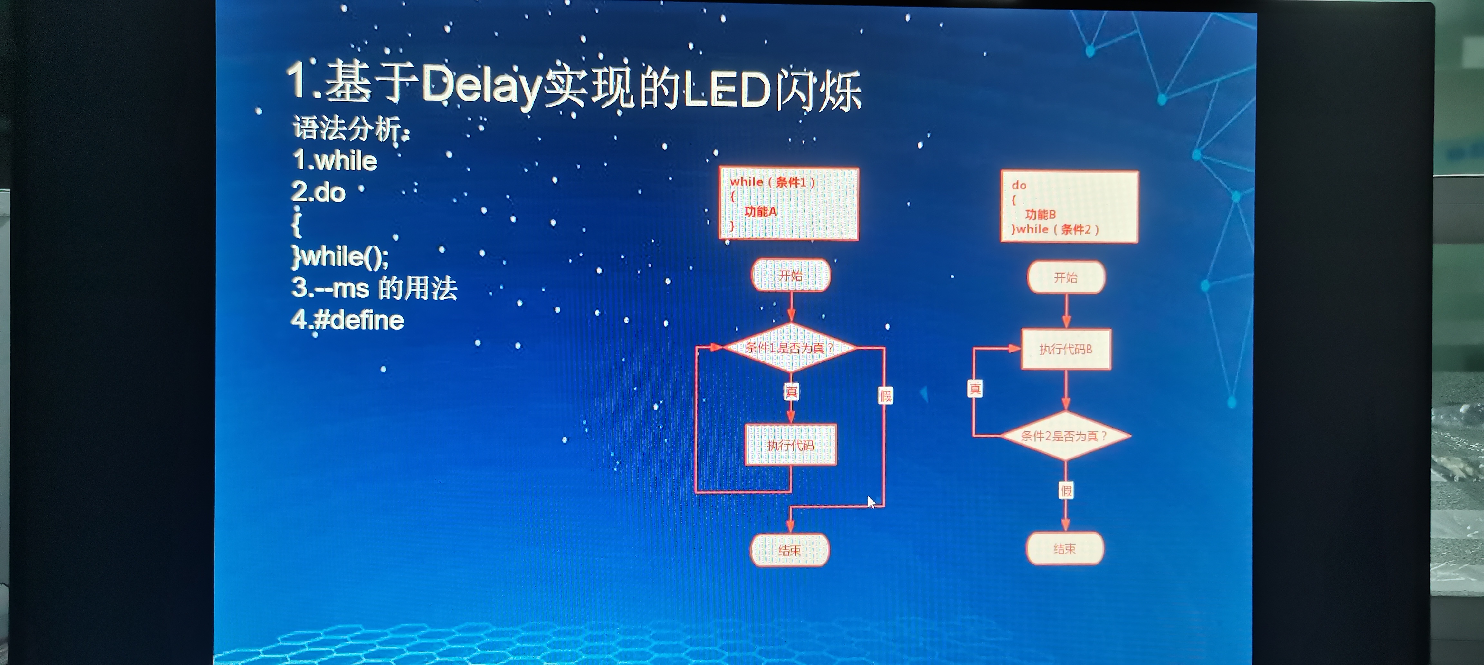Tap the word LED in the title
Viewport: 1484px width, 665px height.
click(727, 91)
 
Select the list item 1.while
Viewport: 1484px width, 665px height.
click(335, 160)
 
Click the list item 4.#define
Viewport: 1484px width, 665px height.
click(347, 320)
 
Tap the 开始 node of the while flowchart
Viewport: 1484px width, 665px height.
click(790, 275)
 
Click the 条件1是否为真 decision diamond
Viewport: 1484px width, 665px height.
click(790, 348)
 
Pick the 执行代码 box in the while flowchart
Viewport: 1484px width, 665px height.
click(790, 445)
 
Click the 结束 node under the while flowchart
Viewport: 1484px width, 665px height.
click(789, 550)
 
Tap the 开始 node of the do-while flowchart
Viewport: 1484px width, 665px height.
click(1066, 277)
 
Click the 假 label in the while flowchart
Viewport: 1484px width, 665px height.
click(885, 396)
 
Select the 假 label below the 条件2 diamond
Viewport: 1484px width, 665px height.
click(1066, 490)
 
